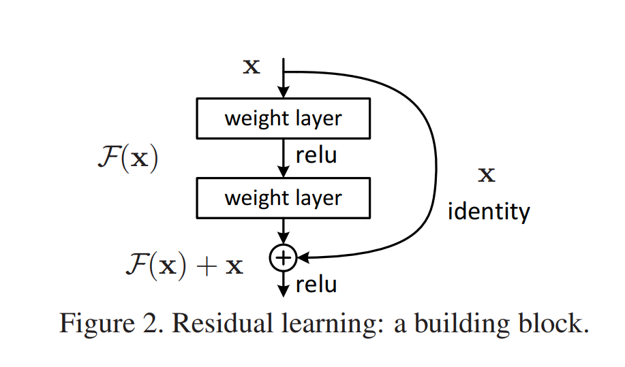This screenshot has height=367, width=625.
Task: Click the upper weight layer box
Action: tap(283, 118)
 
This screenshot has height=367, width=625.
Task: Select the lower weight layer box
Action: tap(283, 198)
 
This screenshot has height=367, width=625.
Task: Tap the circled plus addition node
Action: tap(282, 257)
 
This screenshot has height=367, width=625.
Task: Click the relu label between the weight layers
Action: tap(316, 155)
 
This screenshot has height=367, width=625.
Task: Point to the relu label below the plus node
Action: tap(316, 283)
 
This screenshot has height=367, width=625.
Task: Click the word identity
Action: tap(488, 211)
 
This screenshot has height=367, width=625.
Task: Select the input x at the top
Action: tap(251, 67)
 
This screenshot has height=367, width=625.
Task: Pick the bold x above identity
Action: tap(487, 175)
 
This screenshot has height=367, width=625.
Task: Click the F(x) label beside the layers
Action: tap(127, 157)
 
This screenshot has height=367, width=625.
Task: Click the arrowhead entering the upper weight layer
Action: tap(283, 93)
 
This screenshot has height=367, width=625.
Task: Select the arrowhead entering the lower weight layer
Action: tap(283, 173)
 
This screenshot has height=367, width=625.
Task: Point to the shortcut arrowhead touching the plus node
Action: tap(301, 257)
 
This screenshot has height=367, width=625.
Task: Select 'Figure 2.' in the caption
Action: tap(109, 323)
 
